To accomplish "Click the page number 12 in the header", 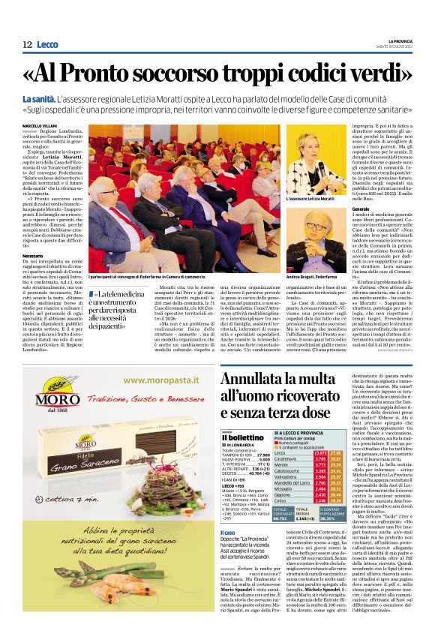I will [27, 44].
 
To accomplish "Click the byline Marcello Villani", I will [41, 125].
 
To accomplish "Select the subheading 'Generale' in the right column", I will [364, 208].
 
